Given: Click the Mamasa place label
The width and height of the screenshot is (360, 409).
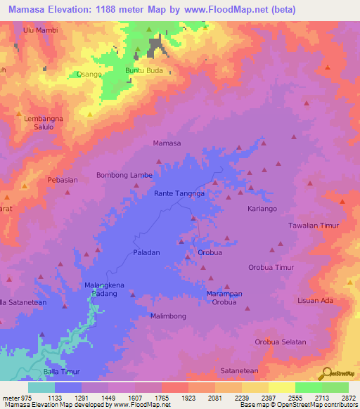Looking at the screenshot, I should point(167,143).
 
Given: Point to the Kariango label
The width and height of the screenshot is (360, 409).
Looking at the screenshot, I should point(262,209).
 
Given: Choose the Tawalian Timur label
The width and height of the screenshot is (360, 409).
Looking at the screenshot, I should point(314,226).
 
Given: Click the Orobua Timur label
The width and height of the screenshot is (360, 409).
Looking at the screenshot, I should point(271,268).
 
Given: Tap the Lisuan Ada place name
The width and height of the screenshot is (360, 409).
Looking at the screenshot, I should point(315,301).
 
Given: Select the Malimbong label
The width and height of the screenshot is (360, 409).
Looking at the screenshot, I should point(168,316).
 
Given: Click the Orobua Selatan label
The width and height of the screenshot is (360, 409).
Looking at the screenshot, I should point(281,342).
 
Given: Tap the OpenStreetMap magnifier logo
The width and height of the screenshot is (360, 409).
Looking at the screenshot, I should point(326,373).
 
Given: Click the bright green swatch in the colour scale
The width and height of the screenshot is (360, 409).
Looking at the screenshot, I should point(308,387).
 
